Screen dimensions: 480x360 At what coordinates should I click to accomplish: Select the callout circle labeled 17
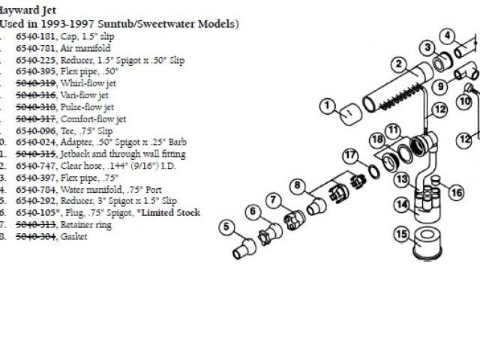(x=350, y=156)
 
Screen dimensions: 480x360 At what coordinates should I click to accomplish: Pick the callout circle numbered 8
(x=298, y=184)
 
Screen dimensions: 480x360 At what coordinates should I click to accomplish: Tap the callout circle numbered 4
(x=447, y=35)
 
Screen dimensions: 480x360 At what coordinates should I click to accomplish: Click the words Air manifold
(x=82, y=48)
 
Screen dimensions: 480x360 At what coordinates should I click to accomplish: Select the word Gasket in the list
(x=74, y=236)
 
